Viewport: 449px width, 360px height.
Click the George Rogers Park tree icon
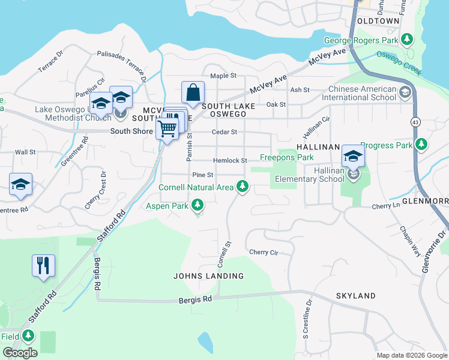click(x=408, y=40)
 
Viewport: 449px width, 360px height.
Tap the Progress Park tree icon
click(x=422, y=145)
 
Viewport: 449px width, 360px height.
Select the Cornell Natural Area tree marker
click(x=243, y=187)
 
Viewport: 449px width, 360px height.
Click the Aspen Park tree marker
click(x=197, y=206)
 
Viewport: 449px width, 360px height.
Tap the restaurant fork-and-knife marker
click(x=43, y=265)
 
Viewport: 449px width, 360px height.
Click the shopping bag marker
click(x=193, y=93)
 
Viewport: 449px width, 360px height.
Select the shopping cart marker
click(x=167, y=127)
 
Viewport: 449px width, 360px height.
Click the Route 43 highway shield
click(x=415, y=122)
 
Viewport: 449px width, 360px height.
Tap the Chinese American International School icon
click(x=405, y=92)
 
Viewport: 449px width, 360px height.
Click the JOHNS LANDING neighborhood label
click(x=208, y=276)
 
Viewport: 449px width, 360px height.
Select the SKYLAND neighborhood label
click(x=355, y=296)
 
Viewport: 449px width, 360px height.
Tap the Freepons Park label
click(x=286, y=157)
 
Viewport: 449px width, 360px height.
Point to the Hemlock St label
click(x=230, y=161)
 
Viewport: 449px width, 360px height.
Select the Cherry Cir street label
click(x=264, y=253)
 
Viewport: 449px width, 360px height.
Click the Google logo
click(x=19, y=353)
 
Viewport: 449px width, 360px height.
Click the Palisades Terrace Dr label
click(x=121, y=65)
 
